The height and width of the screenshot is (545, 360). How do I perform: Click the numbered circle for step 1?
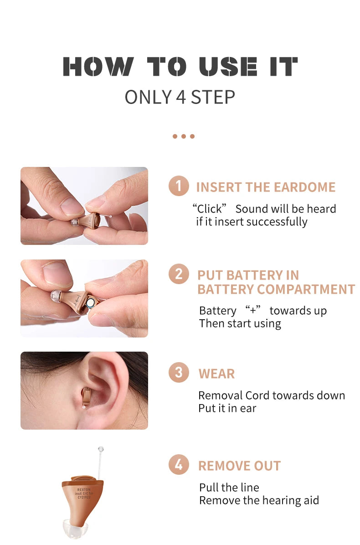pyautogui.click(x=179, y=186)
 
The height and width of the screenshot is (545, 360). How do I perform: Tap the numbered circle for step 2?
pyautogui.click(x=179, y=274)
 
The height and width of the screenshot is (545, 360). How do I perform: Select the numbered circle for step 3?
pyautogui.click(x=179, y=373)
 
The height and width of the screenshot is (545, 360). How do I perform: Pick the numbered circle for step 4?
pyautogui.click(x=179, y=464)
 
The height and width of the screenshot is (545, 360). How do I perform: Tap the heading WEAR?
pyautogui.click(x=216, y=374)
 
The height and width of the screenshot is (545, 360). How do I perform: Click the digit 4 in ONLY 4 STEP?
pyautogui.click(x=181, y=97)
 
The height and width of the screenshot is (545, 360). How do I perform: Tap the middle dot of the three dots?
pyautogui.click(x=184, y=136)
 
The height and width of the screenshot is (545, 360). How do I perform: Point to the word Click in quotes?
pyautogui.click(x=210, y=209)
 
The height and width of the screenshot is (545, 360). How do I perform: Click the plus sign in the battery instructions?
pyautogui.click(x=253, y=310)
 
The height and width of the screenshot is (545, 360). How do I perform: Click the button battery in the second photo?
pyautogui.click(x=91, y=302)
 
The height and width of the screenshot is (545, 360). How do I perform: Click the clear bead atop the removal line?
pyautogui.click(x=101, y=449)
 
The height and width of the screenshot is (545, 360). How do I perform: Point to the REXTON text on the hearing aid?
pyautogui.click(x=84, y=489)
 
